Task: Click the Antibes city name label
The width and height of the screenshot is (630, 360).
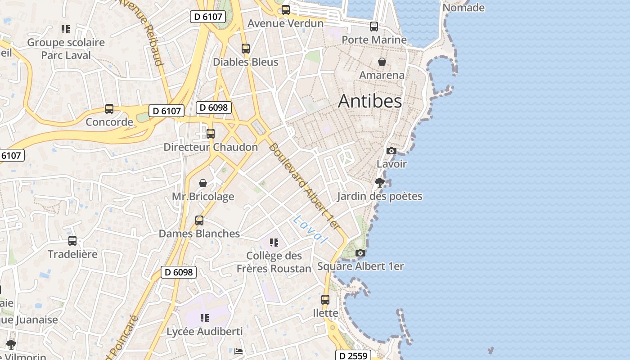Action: [370, 101]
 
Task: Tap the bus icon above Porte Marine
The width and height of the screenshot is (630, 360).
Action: [374, 27]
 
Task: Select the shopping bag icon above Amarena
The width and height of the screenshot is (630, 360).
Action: [382, 62]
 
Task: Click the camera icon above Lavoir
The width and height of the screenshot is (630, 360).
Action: [391, 151]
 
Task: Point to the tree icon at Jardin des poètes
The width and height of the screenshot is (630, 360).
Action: [379, 182]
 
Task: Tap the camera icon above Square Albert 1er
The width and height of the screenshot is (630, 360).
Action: [360, 253]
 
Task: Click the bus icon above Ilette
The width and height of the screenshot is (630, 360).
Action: [325, 299]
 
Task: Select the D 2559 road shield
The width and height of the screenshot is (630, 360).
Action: [353, 355]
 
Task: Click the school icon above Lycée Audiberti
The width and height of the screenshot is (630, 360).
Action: [205, 318]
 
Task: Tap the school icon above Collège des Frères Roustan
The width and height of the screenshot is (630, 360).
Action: [274, 243]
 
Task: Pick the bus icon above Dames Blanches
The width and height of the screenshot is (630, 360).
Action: [199, 220]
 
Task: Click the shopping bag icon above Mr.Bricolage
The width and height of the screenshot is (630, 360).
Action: [203, 183]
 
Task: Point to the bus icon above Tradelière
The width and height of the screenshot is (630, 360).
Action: [72, 241]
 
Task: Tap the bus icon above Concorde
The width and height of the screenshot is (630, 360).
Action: [109, 108]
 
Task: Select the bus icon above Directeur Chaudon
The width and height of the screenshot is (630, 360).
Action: [211, 133]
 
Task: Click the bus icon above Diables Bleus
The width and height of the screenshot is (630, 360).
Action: [246, 49]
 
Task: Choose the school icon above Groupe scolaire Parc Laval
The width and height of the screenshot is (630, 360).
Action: [66, 29]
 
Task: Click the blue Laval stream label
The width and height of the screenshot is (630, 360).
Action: [310, 229]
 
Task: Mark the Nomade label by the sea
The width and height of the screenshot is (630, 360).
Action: [463, 8]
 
